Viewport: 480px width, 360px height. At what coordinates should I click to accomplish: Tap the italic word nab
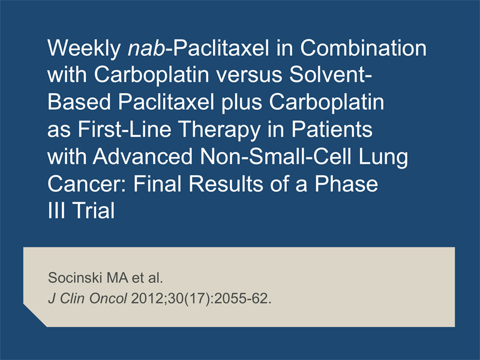[x=146, y=49]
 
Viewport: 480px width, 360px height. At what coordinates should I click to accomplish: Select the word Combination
[x=363, y=48]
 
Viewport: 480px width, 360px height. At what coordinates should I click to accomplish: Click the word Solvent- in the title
[x=331, y=74]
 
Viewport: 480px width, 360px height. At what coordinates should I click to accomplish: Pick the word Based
[x=79, y=102]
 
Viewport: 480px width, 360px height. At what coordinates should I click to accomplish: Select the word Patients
[x=332, y=129]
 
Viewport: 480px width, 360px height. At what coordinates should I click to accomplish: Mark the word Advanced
[x=143, y=156]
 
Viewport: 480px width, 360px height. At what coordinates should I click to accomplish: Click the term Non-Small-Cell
[x=275, y=156]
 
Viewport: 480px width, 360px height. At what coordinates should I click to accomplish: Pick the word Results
[x=226, y=184]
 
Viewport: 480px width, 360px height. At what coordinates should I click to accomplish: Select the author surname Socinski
[x=75, y=278]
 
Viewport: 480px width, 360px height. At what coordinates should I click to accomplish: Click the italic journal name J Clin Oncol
[x=88, y=298]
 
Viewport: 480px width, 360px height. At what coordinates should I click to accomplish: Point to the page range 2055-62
[x=243, y=298]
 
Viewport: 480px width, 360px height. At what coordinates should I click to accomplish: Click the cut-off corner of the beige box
[x=35, y=316]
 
